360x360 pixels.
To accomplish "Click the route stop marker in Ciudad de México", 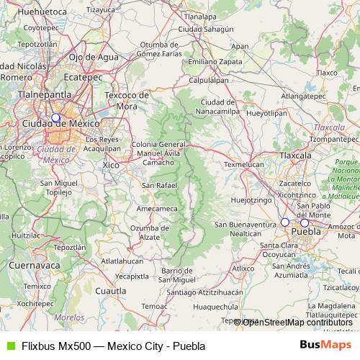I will click(x=55, y=117).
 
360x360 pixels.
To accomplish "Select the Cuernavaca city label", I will click(x=33, y=265).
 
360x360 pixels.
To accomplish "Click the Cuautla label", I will click(x=111, y=292).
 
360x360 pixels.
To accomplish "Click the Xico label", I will click(x=111, y=165).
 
